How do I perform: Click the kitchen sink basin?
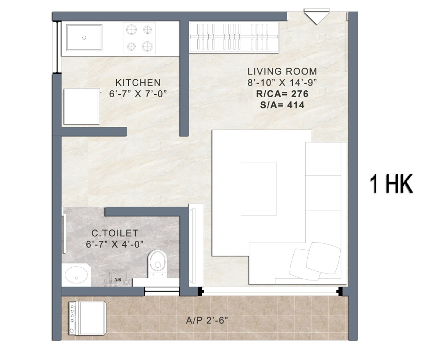click(84, 38)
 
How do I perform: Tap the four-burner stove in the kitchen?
click(139, 38)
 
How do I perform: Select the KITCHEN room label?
click(138, 83)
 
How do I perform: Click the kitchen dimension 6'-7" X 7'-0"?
click(138, 94)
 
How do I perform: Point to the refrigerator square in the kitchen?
click(82, 107)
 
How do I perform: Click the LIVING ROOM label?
click(282, 72)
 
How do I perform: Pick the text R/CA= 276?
click(282, 94)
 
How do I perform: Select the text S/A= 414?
click(282, 105)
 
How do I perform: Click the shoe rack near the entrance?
click(234, 37)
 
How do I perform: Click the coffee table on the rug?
click(259, 189)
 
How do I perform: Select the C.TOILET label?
click(115, 233)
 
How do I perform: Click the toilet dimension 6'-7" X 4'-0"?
click(115, 244)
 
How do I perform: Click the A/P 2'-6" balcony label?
click(207, 321)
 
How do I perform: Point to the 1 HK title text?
click(391, 184)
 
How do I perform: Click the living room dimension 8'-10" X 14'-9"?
click(282, 83)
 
